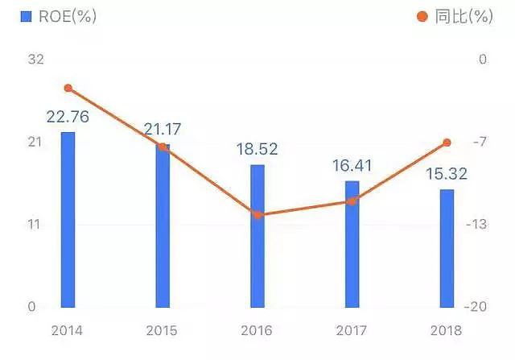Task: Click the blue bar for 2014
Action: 68,219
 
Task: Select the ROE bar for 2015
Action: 163,226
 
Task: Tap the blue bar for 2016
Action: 257,236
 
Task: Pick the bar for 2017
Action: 352,244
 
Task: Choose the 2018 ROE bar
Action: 447,248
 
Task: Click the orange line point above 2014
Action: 68,88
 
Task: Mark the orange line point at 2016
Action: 257,214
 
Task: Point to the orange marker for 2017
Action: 352,201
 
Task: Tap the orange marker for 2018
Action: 447,143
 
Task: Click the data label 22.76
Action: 68,117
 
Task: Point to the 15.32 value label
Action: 447,174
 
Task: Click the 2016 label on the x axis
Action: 257,330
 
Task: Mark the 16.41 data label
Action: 352,166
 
